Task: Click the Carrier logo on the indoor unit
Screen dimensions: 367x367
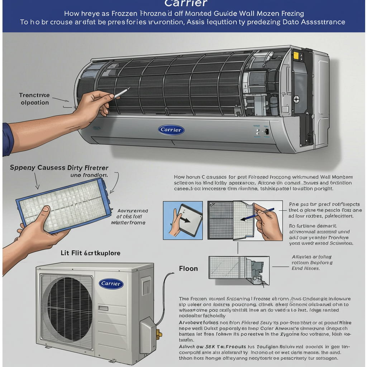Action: [x=171, y=130]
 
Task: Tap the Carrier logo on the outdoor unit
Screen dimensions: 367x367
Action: [x=111, y=284]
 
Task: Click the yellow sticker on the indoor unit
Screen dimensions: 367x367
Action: [x=296, y=56]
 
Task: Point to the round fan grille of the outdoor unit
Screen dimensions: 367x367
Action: [x=68, y=308]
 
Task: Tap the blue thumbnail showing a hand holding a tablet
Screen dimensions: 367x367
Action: [x=183, y=220]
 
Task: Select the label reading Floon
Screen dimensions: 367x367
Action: [x=188, y=268]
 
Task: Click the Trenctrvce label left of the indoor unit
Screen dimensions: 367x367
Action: [x=34, y=95]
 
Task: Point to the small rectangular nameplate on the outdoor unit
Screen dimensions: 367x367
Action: [x=103, y=308]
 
